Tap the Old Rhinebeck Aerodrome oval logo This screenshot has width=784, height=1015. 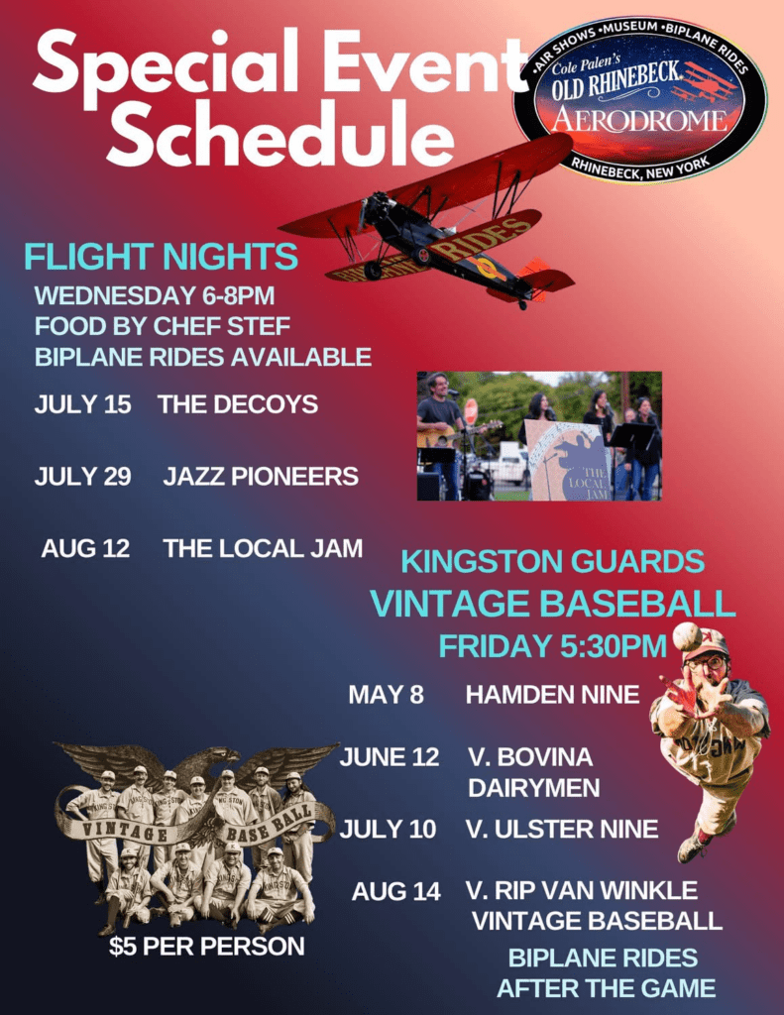[639, 99]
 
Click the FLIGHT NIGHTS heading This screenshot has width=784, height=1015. [161, 257]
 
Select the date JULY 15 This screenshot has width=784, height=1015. [82, 404]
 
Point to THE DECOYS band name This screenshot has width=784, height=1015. [238, 404]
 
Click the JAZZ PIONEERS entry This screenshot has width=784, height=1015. [261, 477]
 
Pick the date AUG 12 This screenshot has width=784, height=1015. [85, 549]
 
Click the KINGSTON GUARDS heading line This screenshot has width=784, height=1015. [552, 562]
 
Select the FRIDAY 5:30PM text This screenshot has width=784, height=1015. [552, 646]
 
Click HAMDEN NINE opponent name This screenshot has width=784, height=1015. [552, 695]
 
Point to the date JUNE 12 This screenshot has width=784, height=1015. [390, 757]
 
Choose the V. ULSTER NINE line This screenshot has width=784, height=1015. [562, 829]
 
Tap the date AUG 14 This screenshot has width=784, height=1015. [395, 891]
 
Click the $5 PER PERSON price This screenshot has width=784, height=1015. [206, 947]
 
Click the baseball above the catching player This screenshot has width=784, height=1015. [686, 636]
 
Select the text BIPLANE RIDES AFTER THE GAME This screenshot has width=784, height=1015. [606, 972]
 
